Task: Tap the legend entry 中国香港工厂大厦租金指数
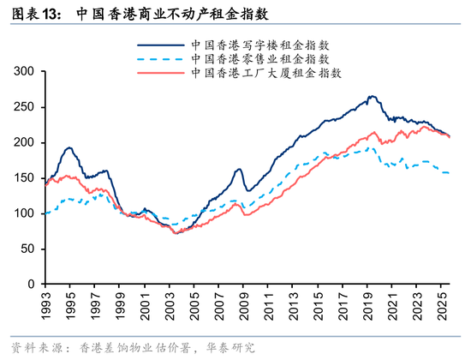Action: click(x=266, y=73)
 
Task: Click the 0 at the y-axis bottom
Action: click(x=31, y=284)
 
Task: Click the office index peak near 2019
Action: click(x=371, y=97)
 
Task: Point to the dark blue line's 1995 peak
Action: click(x=69, y=147)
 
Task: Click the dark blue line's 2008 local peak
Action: click(x=238, y=169)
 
